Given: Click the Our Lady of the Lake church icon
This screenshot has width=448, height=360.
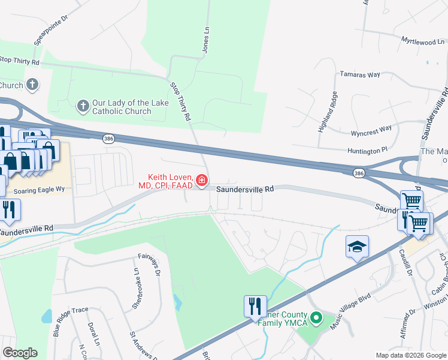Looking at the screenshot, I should point(83,107).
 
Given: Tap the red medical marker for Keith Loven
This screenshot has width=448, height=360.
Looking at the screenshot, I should point(202,180).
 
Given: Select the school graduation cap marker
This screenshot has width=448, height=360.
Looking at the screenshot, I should point(357,247).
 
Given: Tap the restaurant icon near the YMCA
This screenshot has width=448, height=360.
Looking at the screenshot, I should point(255,306).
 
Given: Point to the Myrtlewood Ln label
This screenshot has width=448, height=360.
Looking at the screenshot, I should point(422,42).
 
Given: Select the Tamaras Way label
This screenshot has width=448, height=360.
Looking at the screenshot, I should point(360,74).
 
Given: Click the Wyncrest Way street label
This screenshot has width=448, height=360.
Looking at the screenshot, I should point(371,128).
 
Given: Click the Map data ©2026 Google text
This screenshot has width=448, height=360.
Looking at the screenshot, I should point(411,355).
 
